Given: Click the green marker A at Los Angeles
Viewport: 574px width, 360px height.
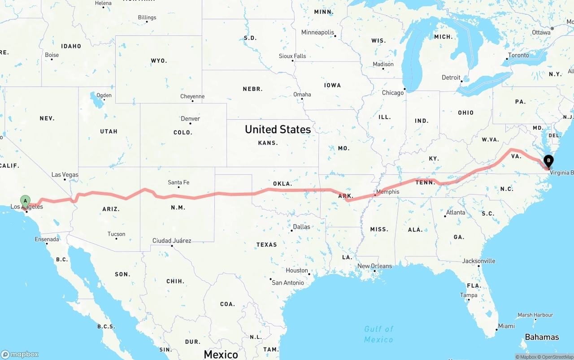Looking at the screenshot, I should pyautogui.click(x=26, y=201).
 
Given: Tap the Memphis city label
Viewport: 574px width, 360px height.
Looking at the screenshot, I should pyautogui.click(x=387, y=192).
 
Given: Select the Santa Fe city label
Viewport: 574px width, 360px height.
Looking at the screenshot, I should pyautogui.click(x=178, y=182).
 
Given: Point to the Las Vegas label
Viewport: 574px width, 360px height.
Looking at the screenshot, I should pyautogui.click(x=65, y=174).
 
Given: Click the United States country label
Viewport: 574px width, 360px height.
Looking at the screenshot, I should pyautogui.click(x=278, y=129).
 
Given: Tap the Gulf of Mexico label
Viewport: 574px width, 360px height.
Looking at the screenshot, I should pyautogui.click(x=378, y=334).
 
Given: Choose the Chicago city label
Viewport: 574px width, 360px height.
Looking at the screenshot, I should pyautogui.click(x=392, y=93).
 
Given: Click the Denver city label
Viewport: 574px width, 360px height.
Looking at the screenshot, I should pyautogui.click(x=190, y=119).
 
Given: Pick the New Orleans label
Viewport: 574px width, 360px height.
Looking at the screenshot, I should pyautogui.click(x=374, y=266).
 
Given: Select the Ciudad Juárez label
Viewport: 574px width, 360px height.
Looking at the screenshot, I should pyautogui.click(x=172, y=241).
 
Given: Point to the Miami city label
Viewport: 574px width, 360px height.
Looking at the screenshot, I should pyautogui.click(x=506, y=326).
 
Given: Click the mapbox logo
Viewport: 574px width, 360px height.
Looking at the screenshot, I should pyautogui.click(x=20, y=354).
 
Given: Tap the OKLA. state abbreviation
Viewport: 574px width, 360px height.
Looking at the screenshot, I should pyautogui.click(x=283, y=183).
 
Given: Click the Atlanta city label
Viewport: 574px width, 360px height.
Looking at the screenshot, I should pyautogui.click(x=456, y=212).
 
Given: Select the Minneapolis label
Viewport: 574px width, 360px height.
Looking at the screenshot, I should pyautogui.click(x=317, y=32).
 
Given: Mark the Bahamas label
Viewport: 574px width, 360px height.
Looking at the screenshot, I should pyautogui.click(x=542, y=337).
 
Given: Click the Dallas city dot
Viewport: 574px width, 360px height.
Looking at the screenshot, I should pyautogui.click(x=291, y=230).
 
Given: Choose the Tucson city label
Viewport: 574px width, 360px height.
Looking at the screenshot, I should pyautogui.click(x=116, y=234).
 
